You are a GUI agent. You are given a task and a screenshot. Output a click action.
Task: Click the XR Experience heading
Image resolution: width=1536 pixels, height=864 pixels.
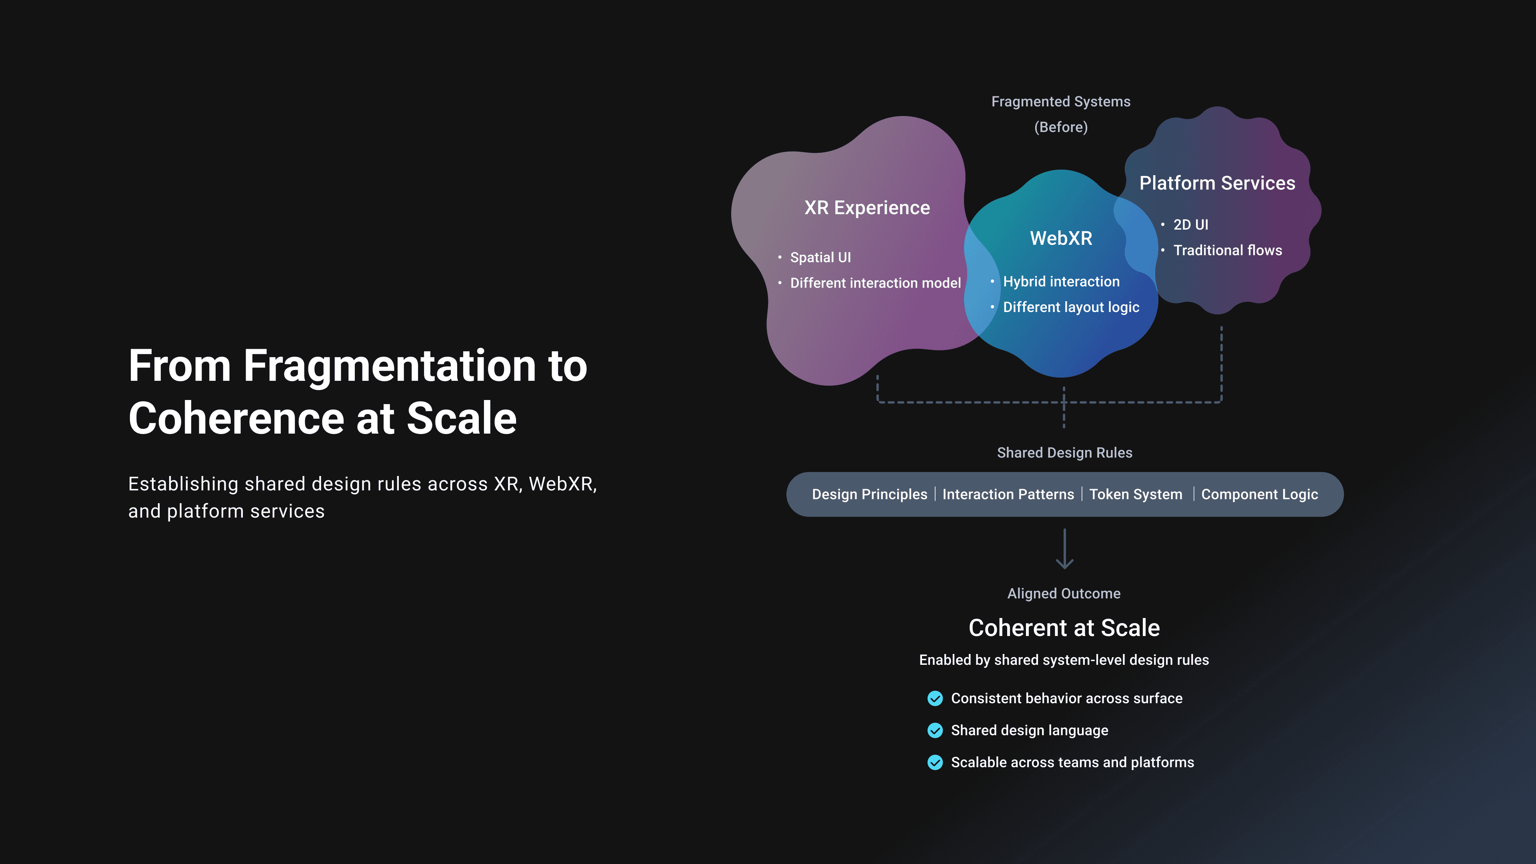pyautogui.click(x=867, y=208)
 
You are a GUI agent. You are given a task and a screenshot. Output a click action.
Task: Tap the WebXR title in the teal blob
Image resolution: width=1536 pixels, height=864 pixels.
pyautogui.click(x=1061, y=238)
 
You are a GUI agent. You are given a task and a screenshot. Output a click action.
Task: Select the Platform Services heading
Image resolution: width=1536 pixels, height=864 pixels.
pyautogui.click(x=1217, y=183)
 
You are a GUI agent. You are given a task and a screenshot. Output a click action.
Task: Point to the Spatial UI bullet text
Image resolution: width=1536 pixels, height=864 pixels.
pyautogui.click(x=820, y=258)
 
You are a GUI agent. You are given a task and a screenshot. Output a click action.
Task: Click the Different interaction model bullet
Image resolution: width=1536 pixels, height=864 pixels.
pyautogui.click(x=875, y=283)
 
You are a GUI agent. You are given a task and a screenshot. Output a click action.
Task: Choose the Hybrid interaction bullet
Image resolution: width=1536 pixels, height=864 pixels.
pyautogui.click(x=1061, y=282)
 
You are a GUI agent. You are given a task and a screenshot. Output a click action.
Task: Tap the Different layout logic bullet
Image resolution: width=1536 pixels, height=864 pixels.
pyautogui.click(x=1071, y=307)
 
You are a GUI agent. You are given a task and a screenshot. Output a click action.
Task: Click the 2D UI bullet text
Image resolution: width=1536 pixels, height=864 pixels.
pyautogui.click(x=1191, y=225)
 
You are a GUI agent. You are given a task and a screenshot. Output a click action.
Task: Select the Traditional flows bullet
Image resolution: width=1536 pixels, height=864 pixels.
pyautogui.click(x=1228, y=250)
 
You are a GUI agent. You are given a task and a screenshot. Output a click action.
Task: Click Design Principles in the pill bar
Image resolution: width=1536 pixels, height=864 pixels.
pyautogui.click(x=869, y=494)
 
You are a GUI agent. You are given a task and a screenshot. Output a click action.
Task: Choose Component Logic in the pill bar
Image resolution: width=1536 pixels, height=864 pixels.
pyautogui.click(x=1259, y=494)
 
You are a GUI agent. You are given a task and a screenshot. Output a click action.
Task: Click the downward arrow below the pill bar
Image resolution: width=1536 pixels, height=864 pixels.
pyautogui.click(x=1064, y=548)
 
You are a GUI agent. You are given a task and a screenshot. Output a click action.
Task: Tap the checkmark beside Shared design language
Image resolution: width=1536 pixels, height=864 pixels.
pyautogui.click(x=935, y=730)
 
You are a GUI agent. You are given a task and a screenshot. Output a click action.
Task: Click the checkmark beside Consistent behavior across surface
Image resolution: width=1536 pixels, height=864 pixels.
pyautogui.click(x=935, y=698)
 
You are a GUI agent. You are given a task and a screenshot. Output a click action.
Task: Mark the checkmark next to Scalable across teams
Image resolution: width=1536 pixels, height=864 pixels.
pyautogui.click(x=935, y=763)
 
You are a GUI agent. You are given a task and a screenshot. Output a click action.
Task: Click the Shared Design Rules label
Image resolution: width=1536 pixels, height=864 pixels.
pyautogui.click(x=1064, y=452)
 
